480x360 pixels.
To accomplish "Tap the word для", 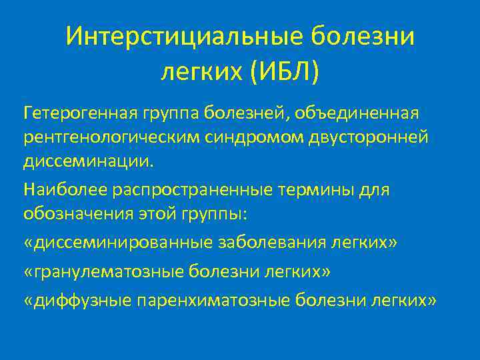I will pyautogui.click(x=375, y=191).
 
